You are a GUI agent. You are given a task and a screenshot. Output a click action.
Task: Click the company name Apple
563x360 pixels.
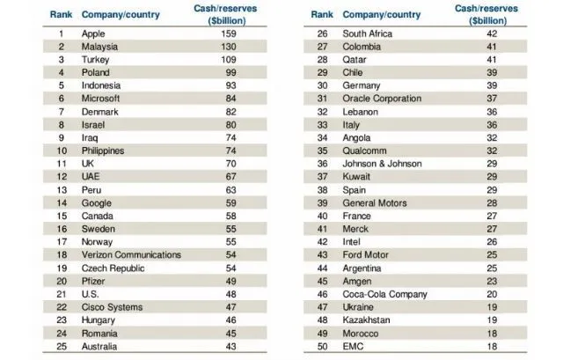[93, 33]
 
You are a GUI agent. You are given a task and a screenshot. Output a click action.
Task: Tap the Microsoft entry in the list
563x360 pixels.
[100, 99]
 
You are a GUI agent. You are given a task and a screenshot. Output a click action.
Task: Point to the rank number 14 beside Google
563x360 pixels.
[62, 202]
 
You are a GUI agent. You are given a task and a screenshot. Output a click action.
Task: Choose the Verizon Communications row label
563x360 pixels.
[131, 254]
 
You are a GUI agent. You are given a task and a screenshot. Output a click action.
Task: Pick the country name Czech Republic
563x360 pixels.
[112, 268]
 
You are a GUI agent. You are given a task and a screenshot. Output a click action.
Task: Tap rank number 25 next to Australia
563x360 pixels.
[62, 346]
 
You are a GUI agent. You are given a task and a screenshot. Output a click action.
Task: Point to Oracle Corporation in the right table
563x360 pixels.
[383, 99]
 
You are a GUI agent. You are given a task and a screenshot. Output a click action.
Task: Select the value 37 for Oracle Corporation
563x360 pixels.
[491, 99]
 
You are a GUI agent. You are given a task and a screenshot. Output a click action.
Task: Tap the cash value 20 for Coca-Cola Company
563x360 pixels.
[491, 293]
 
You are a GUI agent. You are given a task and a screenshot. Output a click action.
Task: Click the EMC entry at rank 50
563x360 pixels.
[354, 346]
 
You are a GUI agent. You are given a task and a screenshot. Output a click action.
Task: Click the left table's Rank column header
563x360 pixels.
[61, 15]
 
